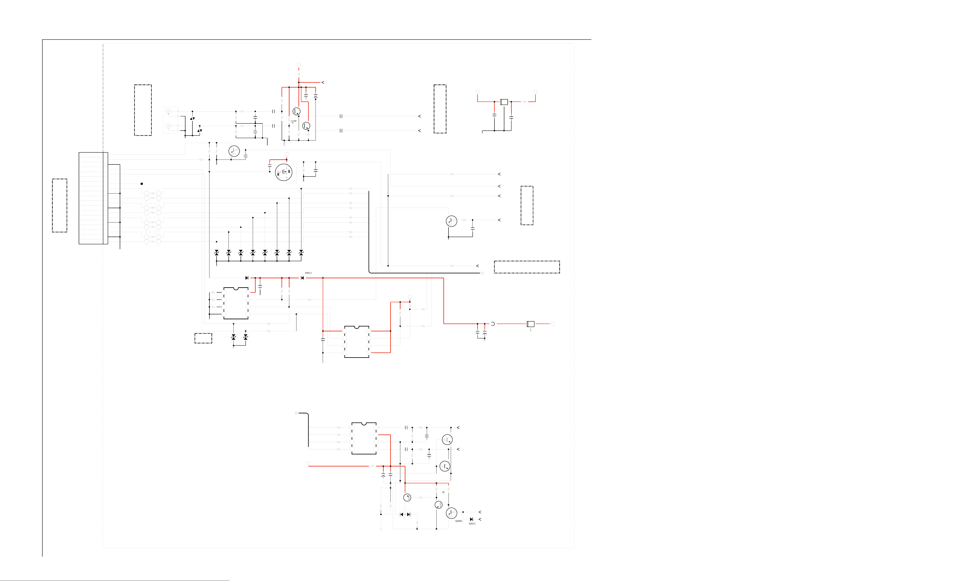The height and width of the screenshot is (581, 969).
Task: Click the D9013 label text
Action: pyautogui.click(x=308, y=273)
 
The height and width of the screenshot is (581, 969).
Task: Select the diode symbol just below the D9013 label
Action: pyautogui.click(x=302, y=278)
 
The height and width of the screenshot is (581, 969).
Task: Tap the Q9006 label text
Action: pyautogui.click(x=458, y=521)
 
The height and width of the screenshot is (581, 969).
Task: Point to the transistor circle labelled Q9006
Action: pyautogui.click(x=451, y=513)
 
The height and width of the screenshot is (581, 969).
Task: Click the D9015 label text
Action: pyautogui.click(x=472, y=524)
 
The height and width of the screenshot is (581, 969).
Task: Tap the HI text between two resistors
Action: pyautogui.click(x=443, y=492)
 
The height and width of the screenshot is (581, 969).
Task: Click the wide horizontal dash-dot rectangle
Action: pyautogui.click(x=527, y=267)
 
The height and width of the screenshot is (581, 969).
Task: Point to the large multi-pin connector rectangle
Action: pyautogui.click(x=93, y=198)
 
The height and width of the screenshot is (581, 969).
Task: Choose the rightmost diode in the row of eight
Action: pyautogui.click(x=301, y=253)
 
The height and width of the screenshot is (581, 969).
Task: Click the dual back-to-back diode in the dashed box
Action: pyautogui.click(x=405, y=514)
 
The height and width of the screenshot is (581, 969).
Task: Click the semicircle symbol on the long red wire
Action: pyautogui.click(x=493, y=324)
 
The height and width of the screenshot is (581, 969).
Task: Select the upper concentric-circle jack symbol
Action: pyautogui.click(x=168, y=112)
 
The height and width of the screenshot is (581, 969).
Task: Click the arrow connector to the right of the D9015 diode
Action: pyautogui.click(x=480, y=519)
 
